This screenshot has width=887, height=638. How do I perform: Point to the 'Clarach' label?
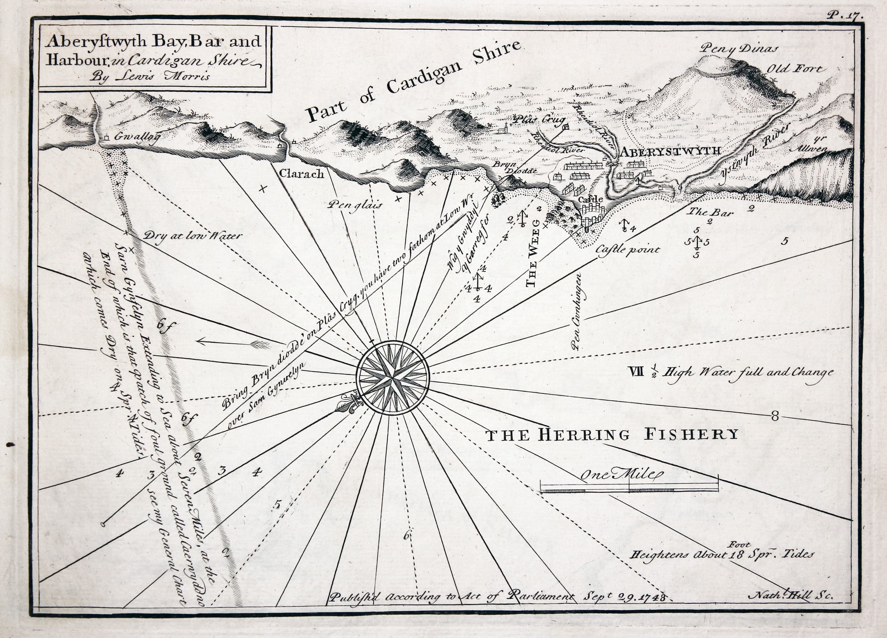(302, 173)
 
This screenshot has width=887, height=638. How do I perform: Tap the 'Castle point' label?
(627, 249)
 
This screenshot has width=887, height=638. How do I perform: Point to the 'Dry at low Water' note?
(193, 236)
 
